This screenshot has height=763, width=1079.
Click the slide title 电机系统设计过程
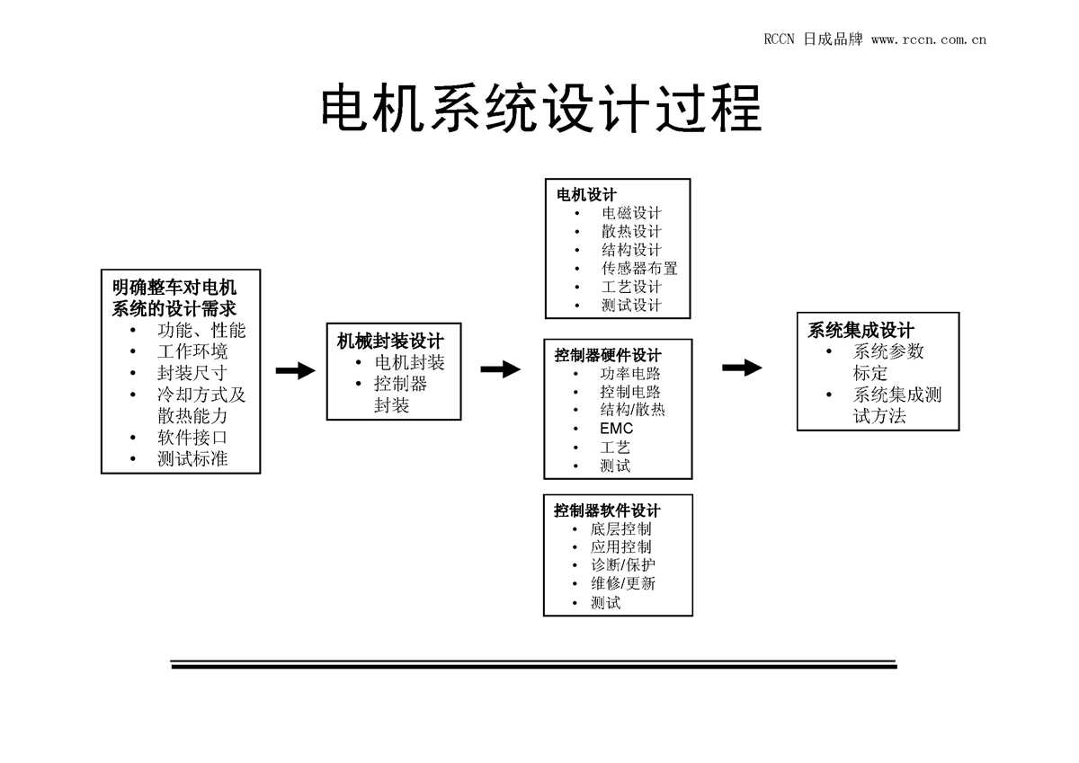tap(540, 109)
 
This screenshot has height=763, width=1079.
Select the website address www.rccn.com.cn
tap(929, 40)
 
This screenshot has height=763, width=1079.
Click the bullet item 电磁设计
tap(631, 213)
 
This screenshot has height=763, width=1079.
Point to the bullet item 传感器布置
tap(639, 268)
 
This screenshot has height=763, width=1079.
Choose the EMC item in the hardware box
tap(616, 429)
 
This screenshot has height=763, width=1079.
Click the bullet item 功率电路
tap(629, 373)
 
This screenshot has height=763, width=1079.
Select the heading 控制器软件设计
tap(607, 510)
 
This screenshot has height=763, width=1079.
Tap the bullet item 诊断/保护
tap(623, 565)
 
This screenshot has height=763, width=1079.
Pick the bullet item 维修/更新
tap(623, 583)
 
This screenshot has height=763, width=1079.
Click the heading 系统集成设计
tap(861, 330)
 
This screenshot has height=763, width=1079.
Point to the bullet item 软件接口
tap(192, 438)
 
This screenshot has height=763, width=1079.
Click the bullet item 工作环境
tap(192, 351)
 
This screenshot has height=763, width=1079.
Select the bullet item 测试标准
tap(192, 459)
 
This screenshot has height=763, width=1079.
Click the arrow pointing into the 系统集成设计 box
tap(742, 368)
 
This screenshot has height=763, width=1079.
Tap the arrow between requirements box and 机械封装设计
tap(295, 371)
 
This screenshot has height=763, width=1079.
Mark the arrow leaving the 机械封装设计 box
tap(500, 368)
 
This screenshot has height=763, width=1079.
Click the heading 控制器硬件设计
tap(608, 355)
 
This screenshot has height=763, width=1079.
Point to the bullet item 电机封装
tap(409, 363)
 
